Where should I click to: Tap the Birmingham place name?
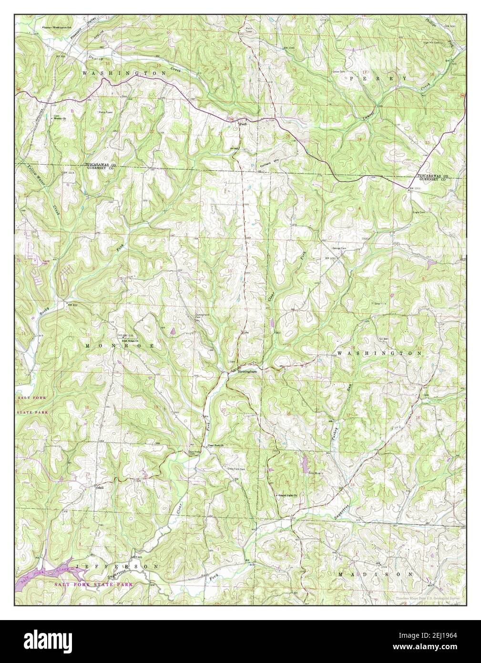pyautogui.click(x=250, y=371)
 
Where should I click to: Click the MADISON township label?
pyautogui.click(x=375, y=575)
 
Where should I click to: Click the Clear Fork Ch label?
pyautogui.click(x=216, y=446)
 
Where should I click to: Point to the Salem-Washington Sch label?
pyautogui.click(x=60, y=27)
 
